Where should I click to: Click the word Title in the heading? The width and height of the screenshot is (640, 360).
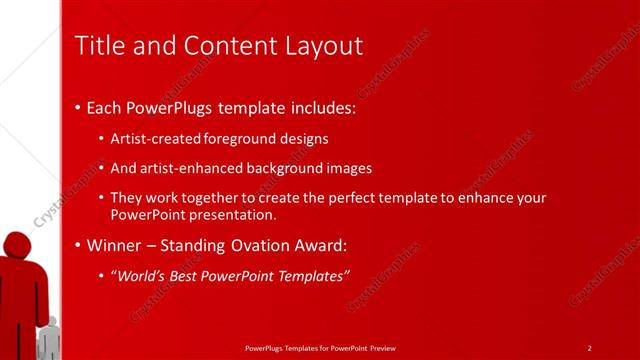click(98, 46)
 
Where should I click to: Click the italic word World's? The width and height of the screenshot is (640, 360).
click(139, 275)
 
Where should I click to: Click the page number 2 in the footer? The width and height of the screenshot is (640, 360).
click(589, 348)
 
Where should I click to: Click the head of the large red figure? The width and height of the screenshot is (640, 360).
click(18, 244)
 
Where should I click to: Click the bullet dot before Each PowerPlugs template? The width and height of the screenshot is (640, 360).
click(78, 107)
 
